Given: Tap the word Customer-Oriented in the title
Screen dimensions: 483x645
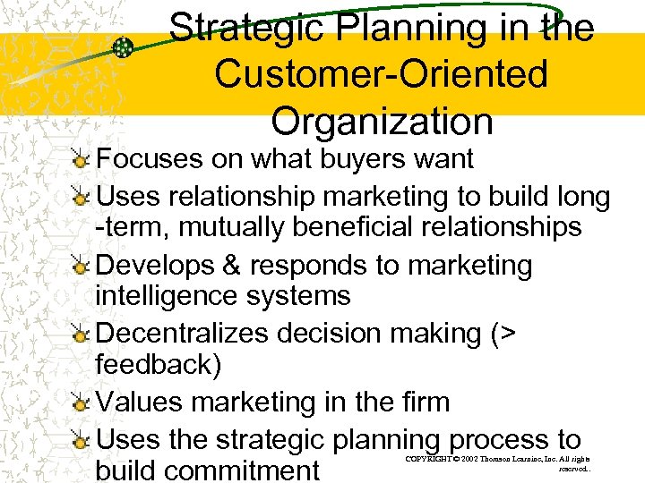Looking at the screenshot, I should (381, 74).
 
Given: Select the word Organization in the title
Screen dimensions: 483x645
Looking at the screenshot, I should (383, 121).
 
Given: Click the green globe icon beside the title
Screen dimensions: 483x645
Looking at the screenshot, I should (124, 47).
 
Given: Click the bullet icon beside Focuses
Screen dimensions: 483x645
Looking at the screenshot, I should (82, 160).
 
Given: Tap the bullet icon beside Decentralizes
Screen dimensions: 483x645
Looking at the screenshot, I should (82, 334).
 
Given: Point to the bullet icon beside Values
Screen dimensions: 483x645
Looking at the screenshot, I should (82, 403).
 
